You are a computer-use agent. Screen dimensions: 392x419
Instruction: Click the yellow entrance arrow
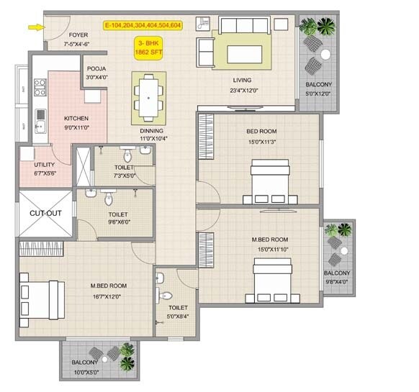click(34, 27)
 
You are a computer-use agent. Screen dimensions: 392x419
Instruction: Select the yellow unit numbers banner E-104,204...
click(143, 25)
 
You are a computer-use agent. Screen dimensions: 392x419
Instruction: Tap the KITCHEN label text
click(76, 118)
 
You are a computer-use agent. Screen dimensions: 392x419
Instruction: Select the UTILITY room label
click(44, 165)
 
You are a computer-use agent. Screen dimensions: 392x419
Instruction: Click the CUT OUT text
click(45, 213)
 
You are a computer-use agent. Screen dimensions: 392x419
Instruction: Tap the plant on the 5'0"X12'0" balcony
click(317, 28)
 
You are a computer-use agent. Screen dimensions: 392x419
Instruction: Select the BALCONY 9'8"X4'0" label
click(337, 278)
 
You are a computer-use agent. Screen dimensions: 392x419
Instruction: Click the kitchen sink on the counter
click(40, 128)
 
